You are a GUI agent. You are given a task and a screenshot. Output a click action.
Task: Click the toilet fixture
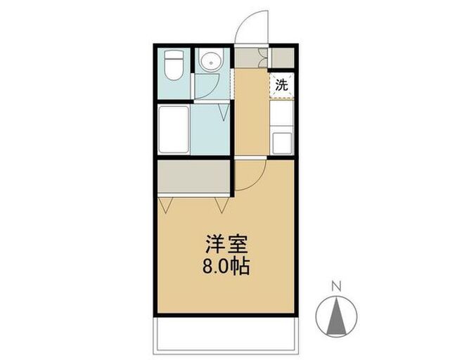point(174,65)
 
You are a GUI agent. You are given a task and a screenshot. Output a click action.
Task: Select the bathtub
point(174,129)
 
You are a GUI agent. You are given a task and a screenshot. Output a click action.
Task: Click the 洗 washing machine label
point(281,85)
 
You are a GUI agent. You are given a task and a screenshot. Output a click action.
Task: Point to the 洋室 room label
point(226,244)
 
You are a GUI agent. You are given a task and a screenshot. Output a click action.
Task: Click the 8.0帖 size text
point(226,266)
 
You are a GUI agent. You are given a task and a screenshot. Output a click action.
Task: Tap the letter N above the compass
point(336,286)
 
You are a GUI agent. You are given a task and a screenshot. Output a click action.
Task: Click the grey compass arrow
point(336,317)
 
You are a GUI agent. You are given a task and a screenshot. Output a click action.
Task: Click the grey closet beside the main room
point(194,176)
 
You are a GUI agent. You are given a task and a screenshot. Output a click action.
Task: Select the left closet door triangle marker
point(166,205)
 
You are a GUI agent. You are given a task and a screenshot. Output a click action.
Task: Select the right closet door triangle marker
point(222,205)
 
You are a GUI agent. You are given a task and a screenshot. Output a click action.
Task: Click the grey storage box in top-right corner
point(283,58)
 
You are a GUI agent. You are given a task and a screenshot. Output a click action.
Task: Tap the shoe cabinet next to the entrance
point(247,58)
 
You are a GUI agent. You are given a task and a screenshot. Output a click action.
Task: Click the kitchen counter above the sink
point(281,113)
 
